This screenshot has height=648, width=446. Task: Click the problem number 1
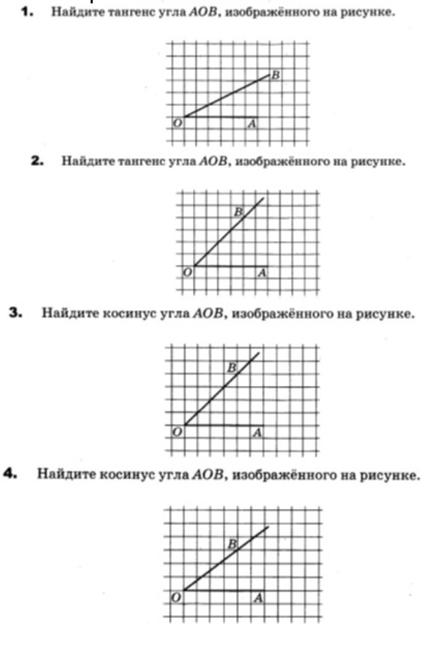pos(29,14)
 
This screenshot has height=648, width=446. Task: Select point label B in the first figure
pos(276,75)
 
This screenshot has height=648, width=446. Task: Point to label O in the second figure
pos(188,273)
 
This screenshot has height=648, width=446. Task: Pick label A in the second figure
pos(261,273)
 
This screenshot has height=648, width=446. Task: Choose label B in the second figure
pos(238,212)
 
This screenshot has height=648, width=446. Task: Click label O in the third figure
pos(177,433)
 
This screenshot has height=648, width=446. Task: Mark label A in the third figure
pos(257,433)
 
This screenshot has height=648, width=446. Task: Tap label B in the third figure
pos(231,367)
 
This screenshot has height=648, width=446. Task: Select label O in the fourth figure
pos(176,598)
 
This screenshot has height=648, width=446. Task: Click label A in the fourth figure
pos(258,598)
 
